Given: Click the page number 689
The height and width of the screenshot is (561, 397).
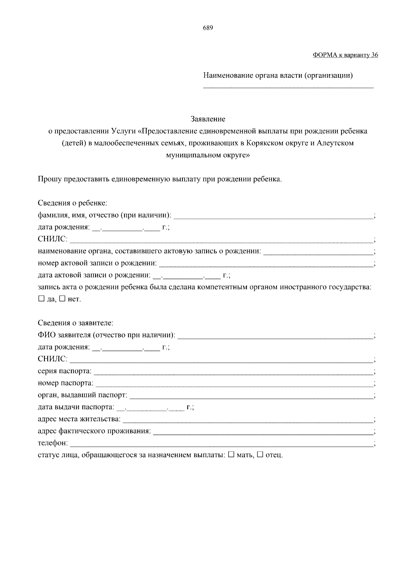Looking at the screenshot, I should click(x=208, y=28).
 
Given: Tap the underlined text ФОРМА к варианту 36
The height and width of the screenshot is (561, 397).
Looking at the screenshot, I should click(x=345, y=55).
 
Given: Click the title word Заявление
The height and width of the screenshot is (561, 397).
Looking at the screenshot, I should click(x=208, y=119).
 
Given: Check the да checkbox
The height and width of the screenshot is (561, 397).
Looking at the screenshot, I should click(x=41, y=299).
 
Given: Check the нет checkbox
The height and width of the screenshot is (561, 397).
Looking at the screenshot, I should click(x=63, y=299).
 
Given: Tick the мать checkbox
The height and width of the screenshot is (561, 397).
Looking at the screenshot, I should click(x=231, y=455).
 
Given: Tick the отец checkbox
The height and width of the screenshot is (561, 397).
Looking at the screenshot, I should click(x=260, y=455).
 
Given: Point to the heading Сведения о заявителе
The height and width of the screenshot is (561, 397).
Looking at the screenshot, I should click(x=75, y=323).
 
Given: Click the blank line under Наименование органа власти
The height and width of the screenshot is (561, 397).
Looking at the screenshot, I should click(x=288, y=87).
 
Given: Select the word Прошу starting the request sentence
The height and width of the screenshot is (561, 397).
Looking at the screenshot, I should click(x=49, y=180).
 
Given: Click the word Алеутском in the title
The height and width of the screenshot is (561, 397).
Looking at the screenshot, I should click(x=335, y=143).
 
